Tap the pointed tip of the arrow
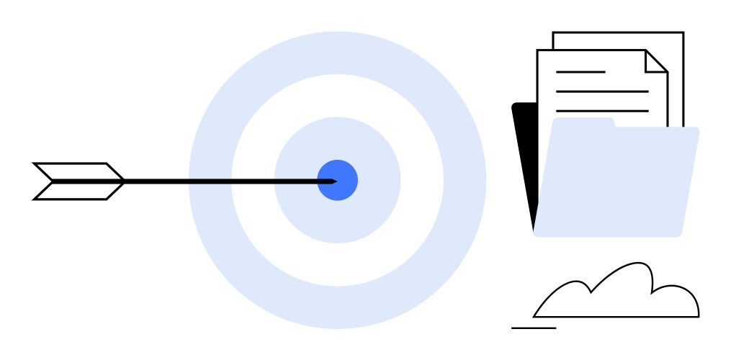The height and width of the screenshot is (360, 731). click(x=334, y=181)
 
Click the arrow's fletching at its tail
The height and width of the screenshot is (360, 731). click(x=79, y=181)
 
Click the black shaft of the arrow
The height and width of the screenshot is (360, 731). click(x=216, y=181)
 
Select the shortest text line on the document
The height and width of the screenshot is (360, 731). click(x=580, y=72)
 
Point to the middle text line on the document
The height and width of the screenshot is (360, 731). click(x=602, y=91)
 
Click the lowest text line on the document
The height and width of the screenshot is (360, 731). click(x=602, y=111)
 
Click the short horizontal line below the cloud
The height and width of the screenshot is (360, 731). click(x=534, y=328)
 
